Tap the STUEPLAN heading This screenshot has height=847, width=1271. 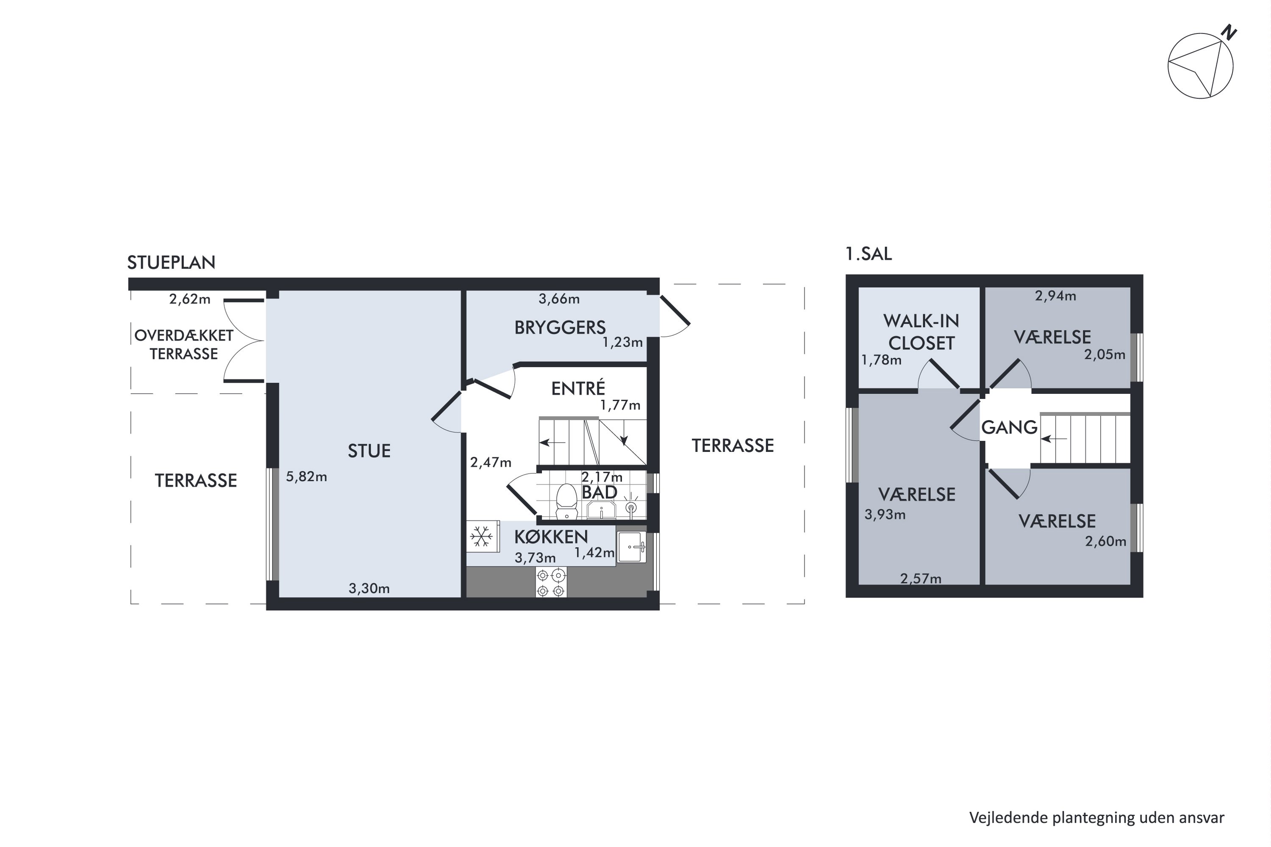[171, 263]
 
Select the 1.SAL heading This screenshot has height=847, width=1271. [869, 254]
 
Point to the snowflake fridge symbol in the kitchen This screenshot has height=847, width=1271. [481, 537]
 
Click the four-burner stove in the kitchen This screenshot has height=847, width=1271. [551, 582]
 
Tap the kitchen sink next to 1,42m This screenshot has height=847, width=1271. [632, 547]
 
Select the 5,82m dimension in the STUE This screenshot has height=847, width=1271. [306, 476]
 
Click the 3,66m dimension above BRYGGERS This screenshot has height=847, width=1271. [559, 299]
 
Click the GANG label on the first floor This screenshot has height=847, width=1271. [1009, 427]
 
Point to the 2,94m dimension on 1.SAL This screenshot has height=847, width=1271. [1055, 296]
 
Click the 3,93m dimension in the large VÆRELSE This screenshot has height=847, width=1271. [885, 514]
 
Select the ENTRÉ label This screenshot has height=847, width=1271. [578, 388]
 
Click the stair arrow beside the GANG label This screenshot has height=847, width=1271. [1054, 439]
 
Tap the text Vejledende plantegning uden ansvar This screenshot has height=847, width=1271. [1096, 818]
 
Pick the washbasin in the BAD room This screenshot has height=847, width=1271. [601, 509]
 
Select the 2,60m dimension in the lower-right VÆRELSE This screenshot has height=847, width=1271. [1105, 541]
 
